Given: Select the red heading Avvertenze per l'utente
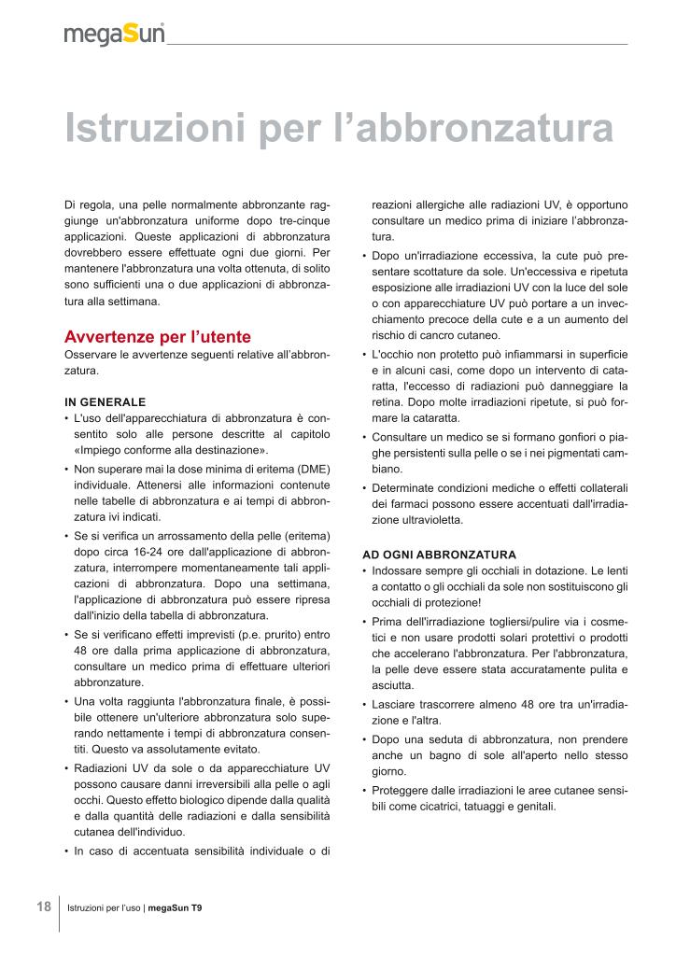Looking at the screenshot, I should click(157, 336).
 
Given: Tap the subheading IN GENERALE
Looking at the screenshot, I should click(105, 401).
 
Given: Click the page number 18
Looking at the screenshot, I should click(44, 907).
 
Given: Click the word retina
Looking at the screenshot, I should click(387, 402).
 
